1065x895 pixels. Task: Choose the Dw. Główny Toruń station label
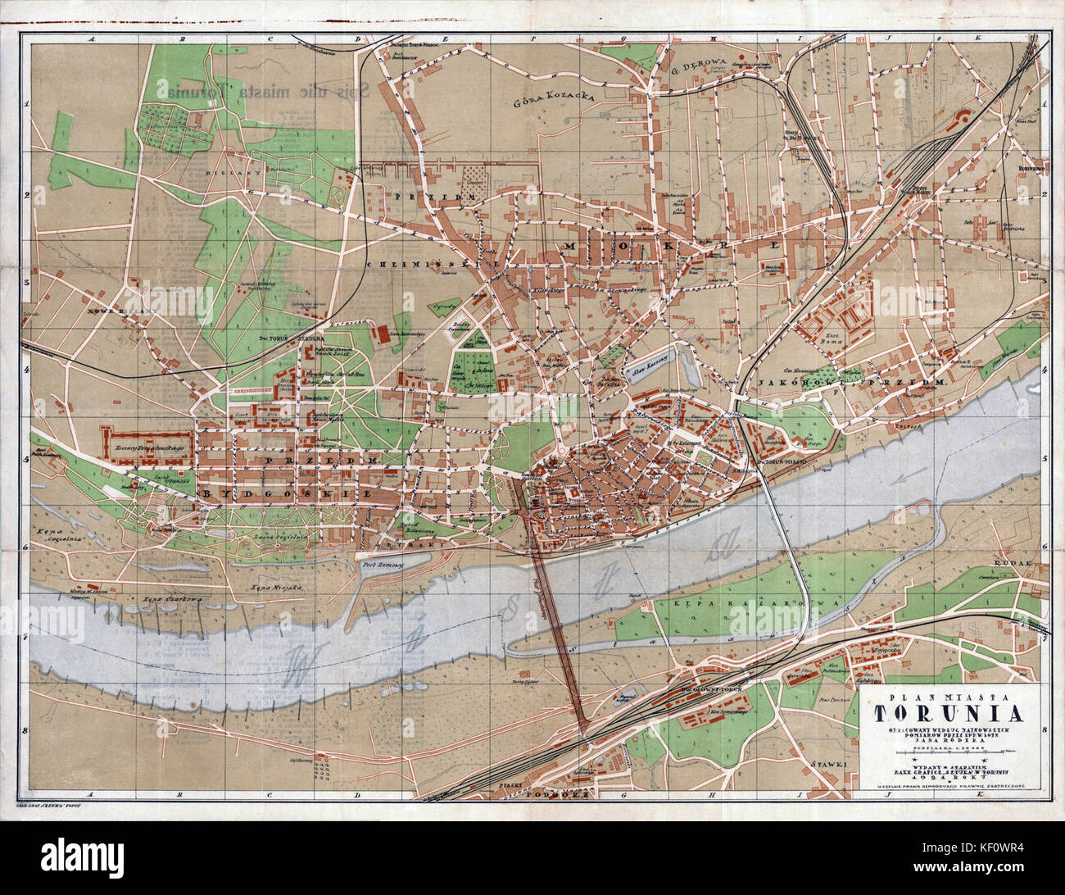[701, 687]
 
